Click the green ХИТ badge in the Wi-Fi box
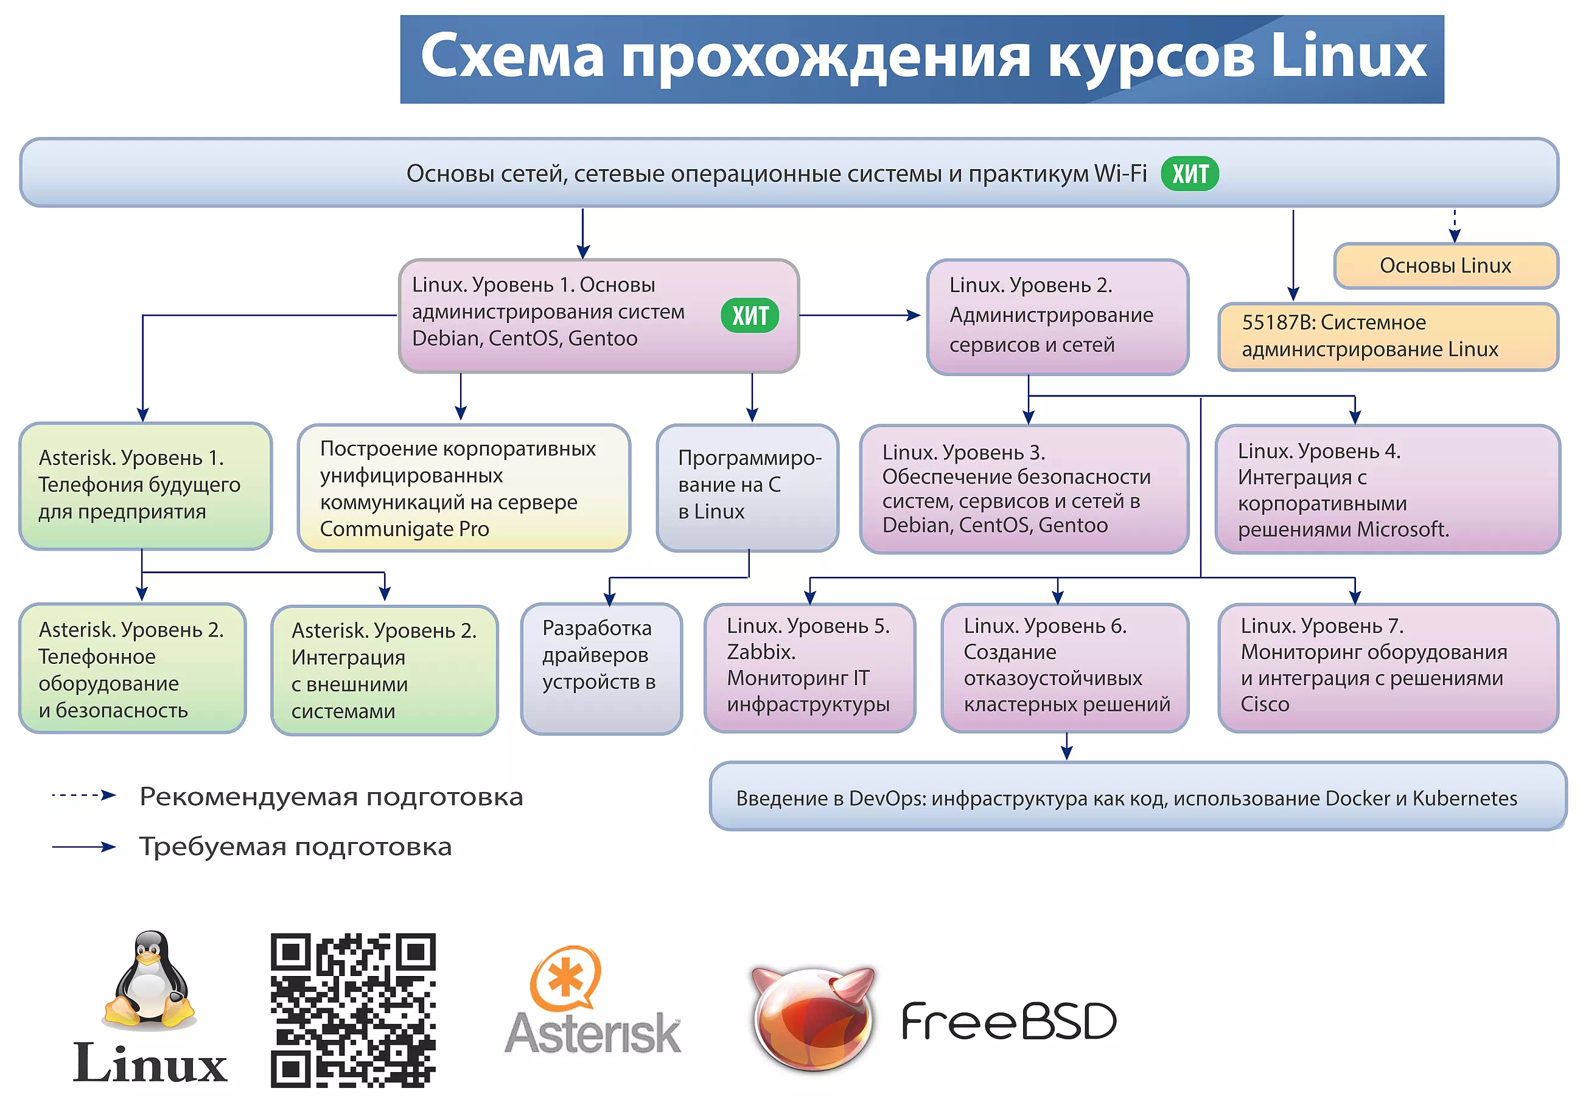pos(1189,173)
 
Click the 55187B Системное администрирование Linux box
pos(1387,336)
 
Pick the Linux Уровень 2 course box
pos(1057,316)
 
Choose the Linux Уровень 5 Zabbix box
pos(809,666)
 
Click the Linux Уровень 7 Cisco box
pos(1387,666)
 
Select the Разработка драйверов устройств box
pos(601,668)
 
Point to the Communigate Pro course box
pos(463,487)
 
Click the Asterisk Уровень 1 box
pos(145,486)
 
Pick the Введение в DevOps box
pos(1137,797)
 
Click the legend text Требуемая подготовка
pos(295,846)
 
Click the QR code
pos(353,1010)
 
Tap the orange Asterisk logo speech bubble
pos(565,977)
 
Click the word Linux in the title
pos(1348,57)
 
